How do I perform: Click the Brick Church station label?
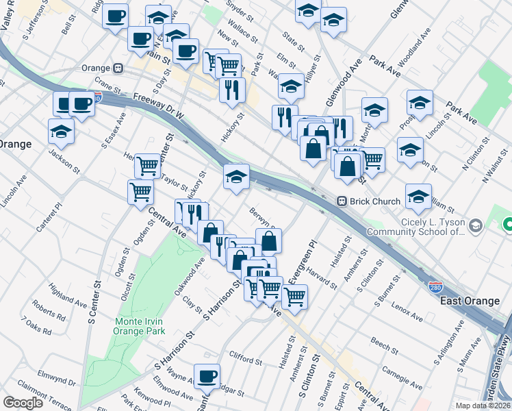pos(366,201)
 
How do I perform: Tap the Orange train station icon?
pos(118,68)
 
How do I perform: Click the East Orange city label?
pos(470,301)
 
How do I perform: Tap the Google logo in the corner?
pos(23,403)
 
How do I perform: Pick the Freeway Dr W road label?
pos(159,107)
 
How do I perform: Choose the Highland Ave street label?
pos(67,296)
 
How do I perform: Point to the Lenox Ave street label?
pos(408,312)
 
